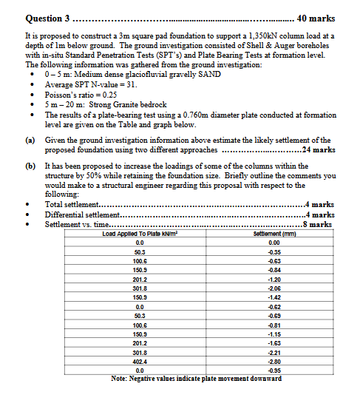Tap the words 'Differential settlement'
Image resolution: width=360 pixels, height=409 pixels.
coord(78,214)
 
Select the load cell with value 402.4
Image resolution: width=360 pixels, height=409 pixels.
coord(140,360)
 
